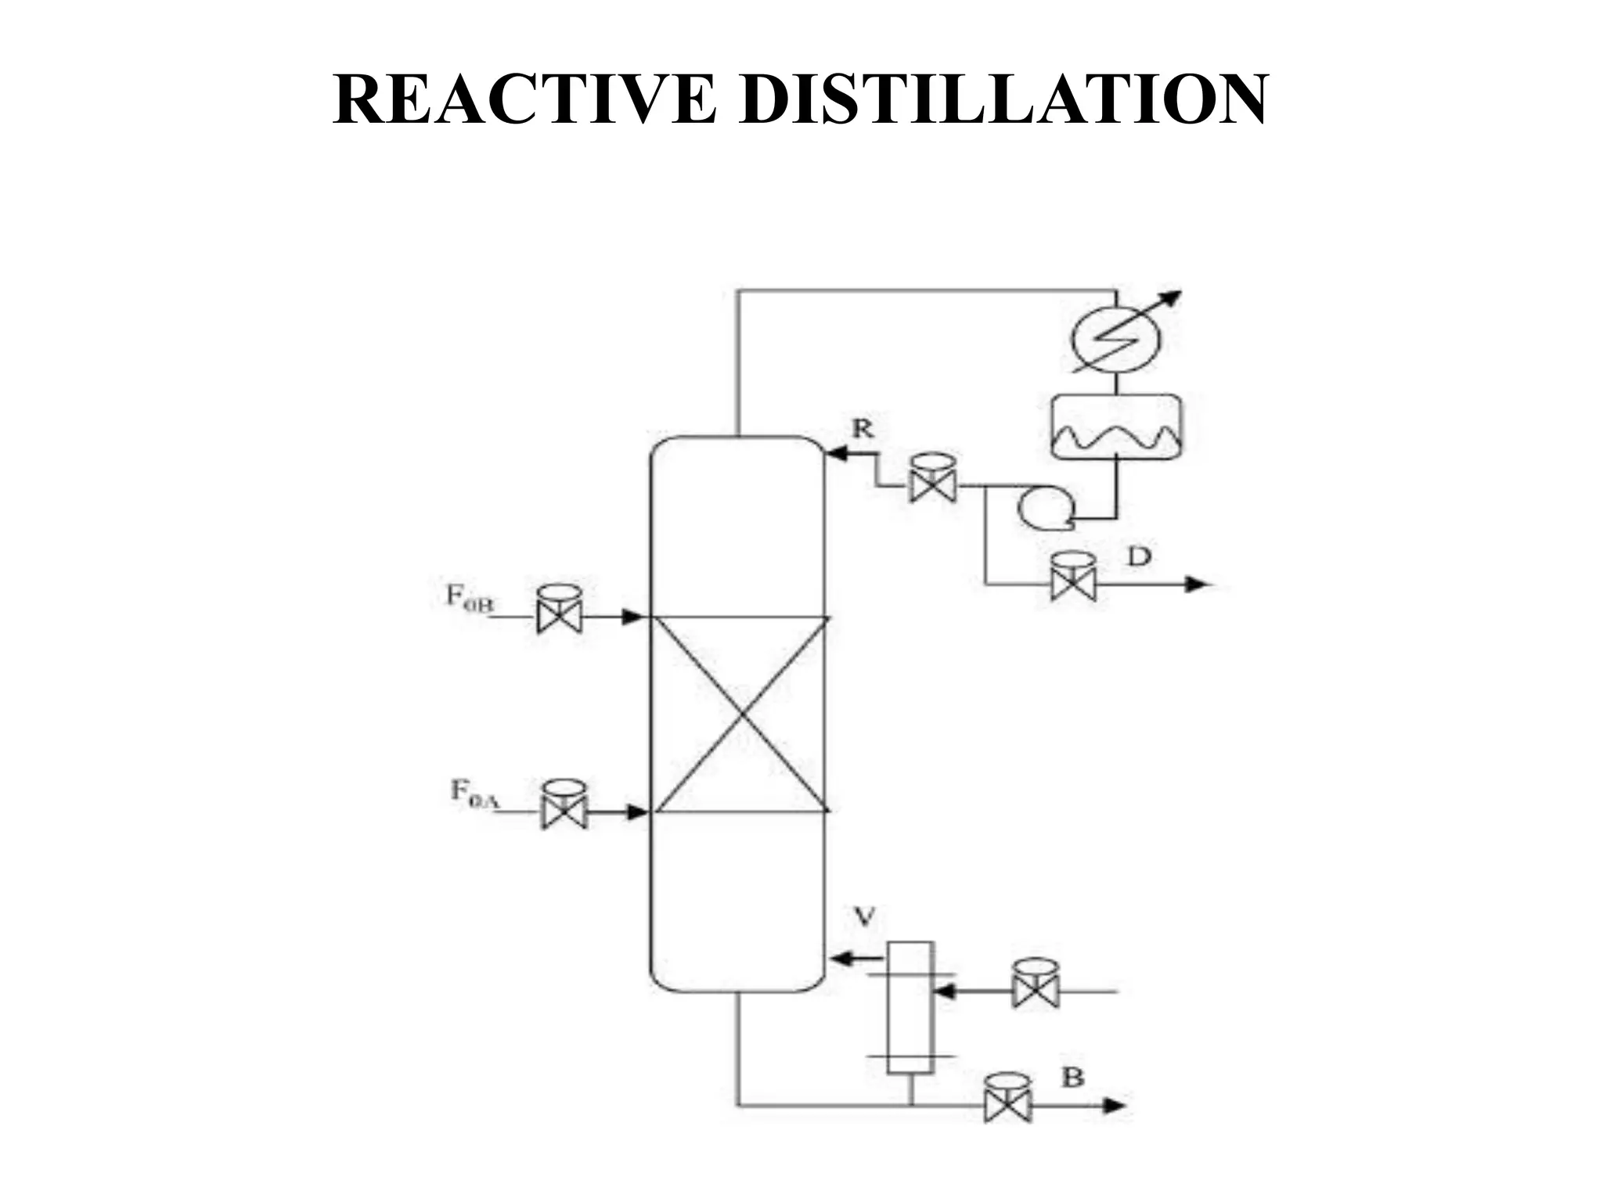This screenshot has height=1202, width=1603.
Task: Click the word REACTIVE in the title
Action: point(524,99)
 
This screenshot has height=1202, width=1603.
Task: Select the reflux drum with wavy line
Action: point(1115,426)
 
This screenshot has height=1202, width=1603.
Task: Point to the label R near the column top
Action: point(863,428)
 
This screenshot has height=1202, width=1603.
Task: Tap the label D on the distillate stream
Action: point(1140,557)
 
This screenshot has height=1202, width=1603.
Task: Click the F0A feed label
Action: point(473,792)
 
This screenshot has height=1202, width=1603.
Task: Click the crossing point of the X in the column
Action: point(740,714)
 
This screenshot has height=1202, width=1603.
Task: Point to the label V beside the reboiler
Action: point(863,916)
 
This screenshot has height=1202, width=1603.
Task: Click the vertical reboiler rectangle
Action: point(910,1006)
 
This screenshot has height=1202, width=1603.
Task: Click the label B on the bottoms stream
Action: point(1072,1078)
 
